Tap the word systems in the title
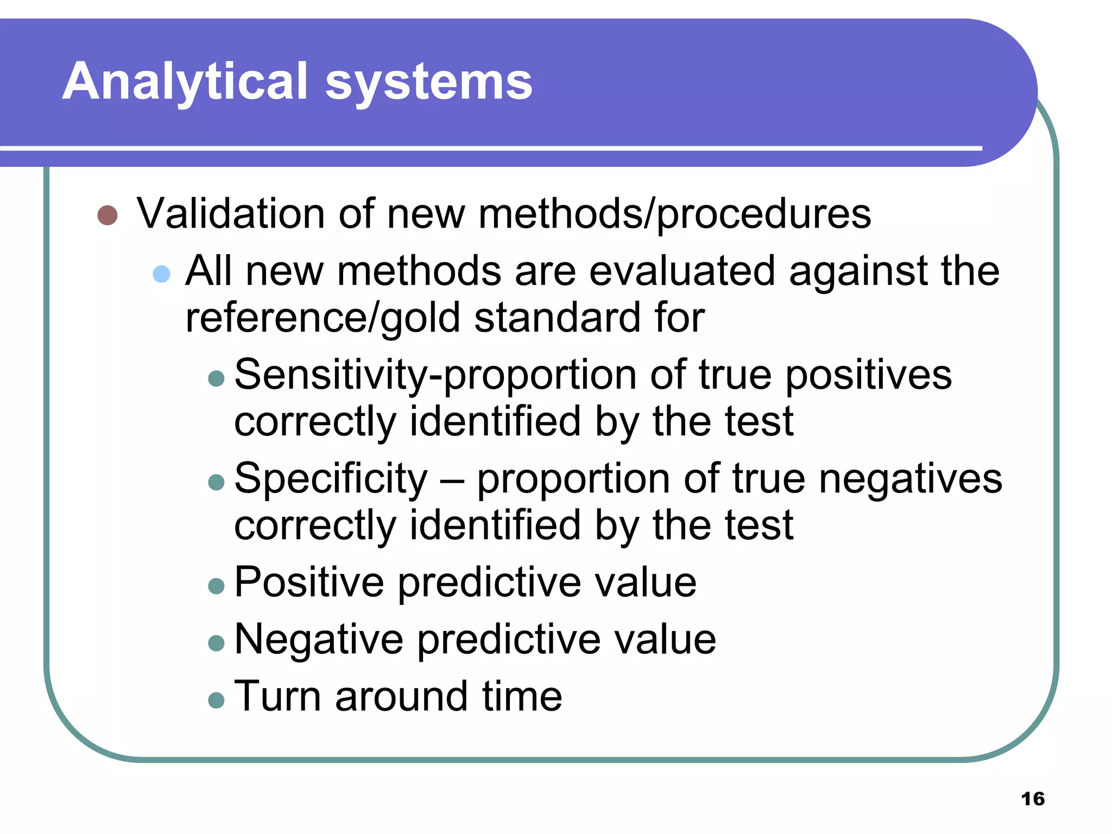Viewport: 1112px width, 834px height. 428,83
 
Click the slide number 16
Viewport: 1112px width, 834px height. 1032,799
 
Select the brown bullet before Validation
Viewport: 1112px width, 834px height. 108,215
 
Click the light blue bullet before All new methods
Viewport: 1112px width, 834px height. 161,274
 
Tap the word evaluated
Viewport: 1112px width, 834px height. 682,271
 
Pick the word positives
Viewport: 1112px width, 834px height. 868,375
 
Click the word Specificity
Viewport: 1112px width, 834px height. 331,479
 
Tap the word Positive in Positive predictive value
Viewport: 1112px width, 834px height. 309,582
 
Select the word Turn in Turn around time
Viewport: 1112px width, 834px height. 277,697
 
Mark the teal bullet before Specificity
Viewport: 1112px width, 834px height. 216,482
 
